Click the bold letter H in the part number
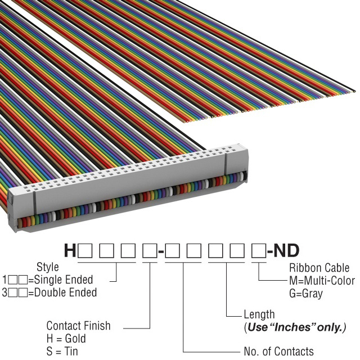pyautogui.click(x=70, y=250)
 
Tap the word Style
pyautogui.click(x=48, y=267)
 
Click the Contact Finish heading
pyautogui.click(x=78, y=326)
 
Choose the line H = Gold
pyautogui.click(x=66, y=339)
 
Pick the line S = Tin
pyautogui.click(x=62, y=352)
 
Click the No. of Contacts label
pyautogui.click(x=278, y=352)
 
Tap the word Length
pyautogui.click(x=259, y=314)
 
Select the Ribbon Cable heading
pyautogui.click(x=319, y=267)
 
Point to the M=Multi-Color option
pyautogui.click(x=322, y=280)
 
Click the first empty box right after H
pyautogui.click(x=85, y=251)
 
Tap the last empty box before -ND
pyautogui.click(x=257, y=251)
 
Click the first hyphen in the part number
pyautogui.click(x=161, y=251)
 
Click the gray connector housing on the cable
pyautogui.click(x=129, y=186)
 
